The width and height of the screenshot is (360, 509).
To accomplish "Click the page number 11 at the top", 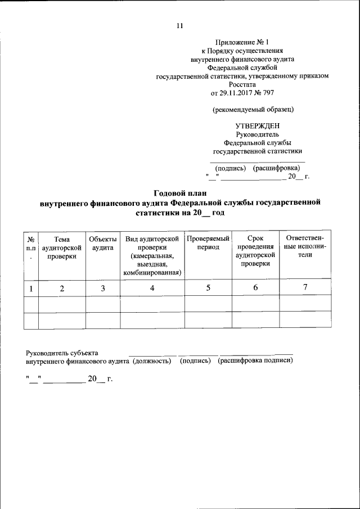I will pyautogui.click(x=180, y=26).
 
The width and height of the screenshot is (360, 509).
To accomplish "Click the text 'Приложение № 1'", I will pyautogui.click(x=242, y=42).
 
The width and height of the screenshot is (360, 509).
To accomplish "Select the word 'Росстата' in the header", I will pyautogui.click(x=242, y=84).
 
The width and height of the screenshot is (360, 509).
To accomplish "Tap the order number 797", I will pyautogui.click(x=268, y=92).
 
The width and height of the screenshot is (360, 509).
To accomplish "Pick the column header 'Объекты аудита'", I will pyautogui.click(x=102, y=243).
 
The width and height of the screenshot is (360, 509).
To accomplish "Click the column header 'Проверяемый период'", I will pyautogui.click(x=208, y=243).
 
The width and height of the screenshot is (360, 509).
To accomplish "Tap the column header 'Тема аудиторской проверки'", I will pyautogui.click(x=62, y=247).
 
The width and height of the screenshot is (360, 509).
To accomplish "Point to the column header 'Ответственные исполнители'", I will pyautogui.click(x=305, y=247).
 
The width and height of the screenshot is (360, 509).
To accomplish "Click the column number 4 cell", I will pyautogui.click(x=152, y=287).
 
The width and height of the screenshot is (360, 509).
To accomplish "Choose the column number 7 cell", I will pyautogui.click(x=305, y=287).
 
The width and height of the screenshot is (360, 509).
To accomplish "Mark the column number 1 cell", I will pyautogui.click(x=31, y=288).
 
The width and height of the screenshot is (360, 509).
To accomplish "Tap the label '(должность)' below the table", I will pyautogui.click(x=152, y=361).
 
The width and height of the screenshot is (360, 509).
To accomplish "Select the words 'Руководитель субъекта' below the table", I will pyautogui.click(x=62, y=353).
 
